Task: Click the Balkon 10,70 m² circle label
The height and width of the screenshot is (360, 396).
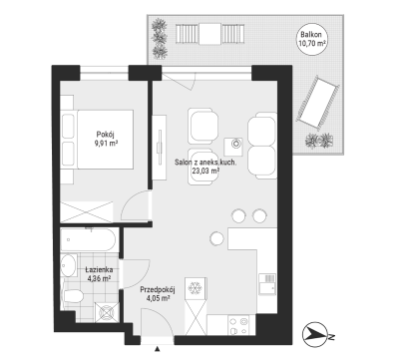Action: (312, 39)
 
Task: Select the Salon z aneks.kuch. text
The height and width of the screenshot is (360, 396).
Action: (205, 163)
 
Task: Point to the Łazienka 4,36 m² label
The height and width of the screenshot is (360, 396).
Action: (99, 274)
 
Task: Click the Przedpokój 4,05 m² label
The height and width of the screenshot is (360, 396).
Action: (158, 294)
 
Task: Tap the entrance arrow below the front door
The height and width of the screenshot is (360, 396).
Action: (158, 349)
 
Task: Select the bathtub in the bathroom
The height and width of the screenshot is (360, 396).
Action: (88, 240)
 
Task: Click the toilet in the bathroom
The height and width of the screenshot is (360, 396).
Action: (72, 295)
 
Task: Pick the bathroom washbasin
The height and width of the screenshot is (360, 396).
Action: (69, 265)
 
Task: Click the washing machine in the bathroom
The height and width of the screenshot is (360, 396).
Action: (106, 313)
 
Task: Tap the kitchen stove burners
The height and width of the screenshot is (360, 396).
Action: (238, 325)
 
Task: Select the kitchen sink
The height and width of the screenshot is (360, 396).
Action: (267, 284)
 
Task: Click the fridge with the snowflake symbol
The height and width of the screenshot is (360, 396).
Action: (195, 288)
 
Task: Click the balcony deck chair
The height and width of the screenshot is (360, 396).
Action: (317, 103)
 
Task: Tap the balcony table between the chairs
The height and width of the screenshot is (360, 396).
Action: (210, 34)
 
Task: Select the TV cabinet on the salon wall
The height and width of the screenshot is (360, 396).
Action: (159, 148)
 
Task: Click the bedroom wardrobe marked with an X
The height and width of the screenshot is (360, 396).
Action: (87, 211)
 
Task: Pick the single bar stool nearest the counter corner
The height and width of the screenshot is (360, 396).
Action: (217, 237)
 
